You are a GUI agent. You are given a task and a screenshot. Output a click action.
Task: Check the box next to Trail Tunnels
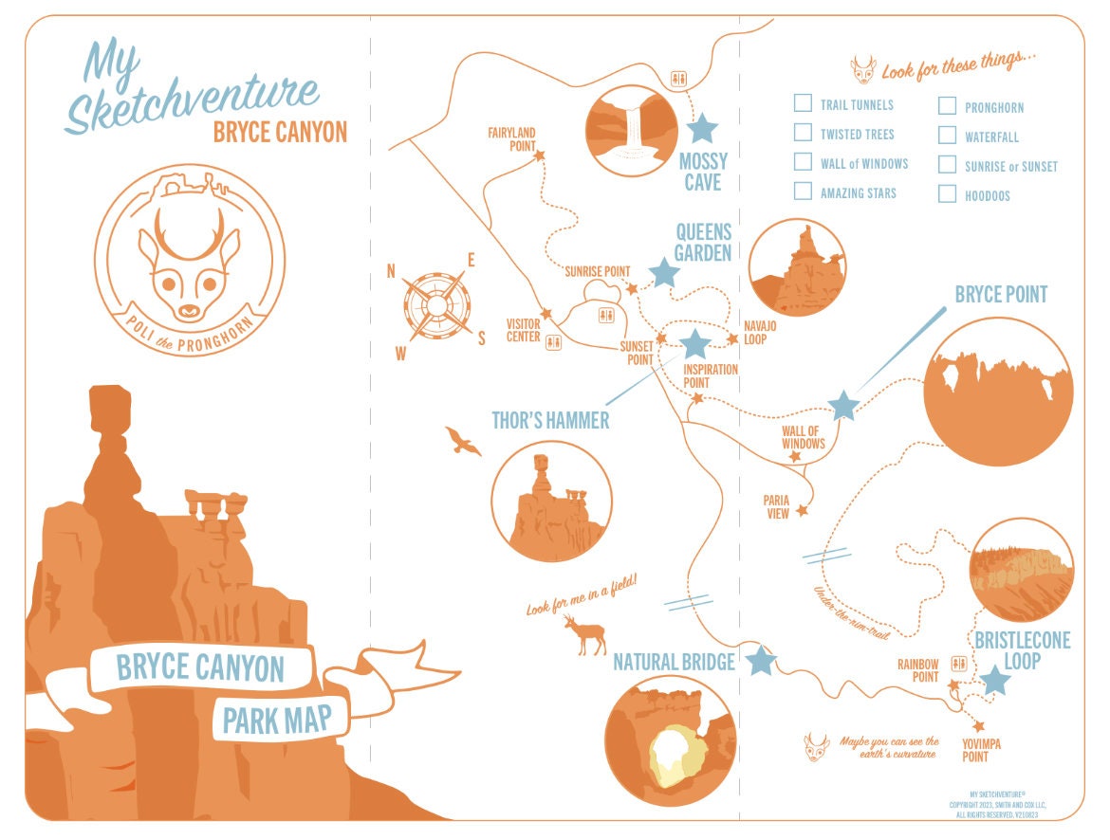point(803,103)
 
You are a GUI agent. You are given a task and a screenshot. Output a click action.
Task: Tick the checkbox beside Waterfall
point(947,136)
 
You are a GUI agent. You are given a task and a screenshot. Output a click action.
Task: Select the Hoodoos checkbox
point(947,194)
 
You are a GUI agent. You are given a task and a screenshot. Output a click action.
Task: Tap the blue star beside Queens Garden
point(664,273)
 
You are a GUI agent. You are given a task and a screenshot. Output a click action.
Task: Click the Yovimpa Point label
point(981,750)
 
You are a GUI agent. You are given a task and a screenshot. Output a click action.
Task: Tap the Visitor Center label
point(523,329)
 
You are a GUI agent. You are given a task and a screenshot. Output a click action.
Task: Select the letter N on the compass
point(391,271)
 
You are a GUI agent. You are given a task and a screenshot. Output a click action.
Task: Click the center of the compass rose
point(435,305)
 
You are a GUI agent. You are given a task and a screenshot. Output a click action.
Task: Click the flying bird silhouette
point(463,440)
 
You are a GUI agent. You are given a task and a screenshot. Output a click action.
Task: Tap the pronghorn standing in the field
point(585,635)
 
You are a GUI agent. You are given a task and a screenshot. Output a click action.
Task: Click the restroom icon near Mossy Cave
point(678,78)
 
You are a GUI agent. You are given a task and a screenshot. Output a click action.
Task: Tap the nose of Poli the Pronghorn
point(189,308)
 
